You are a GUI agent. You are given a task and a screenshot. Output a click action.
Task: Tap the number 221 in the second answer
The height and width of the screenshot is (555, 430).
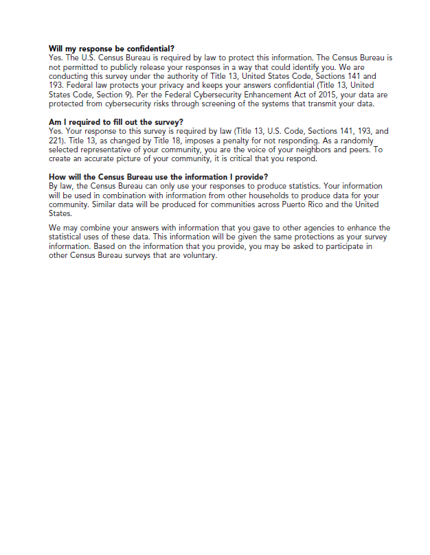tap(56, 140)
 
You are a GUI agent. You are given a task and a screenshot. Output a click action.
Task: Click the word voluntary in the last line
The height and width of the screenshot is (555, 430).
tap(199, 255)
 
